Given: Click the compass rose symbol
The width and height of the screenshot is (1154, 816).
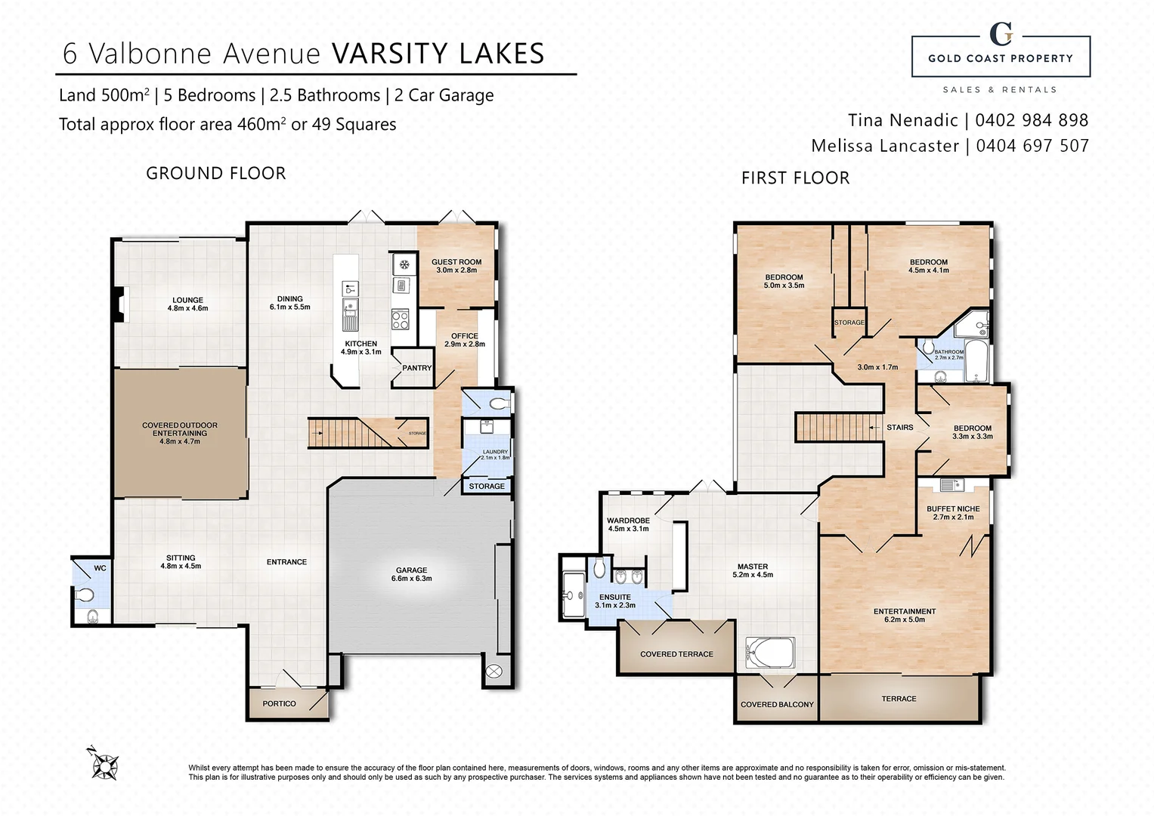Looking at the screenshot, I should click(x=104, y=765).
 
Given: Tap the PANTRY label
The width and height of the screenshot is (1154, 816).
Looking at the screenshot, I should click(x=416, y=368).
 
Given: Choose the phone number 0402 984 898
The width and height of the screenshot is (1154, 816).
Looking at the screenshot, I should click(x=1032, y=120).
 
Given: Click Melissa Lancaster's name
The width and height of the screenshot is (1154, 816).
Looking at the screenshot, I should click(x=884, y=146).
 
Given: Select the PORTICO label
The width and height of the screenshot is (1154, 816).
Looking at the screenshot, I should click(x=279, y=703).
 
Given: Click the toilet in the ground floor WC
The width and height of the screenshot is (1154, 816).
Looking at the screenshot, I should click(x=85, y=593).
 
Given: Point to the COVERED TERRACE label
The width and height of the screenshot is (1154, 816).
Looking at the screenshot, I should click(x=676, y=654).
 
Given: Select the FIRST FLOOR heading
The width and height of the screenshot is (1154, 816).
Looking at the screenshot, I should click(x=795, y=178).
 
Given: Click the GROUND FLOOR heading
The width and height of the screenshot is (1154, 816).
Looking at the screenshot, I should click(x=216, y=174).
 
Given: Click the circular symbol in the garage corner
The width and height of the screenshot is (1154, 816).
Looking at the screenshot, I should click(x=493, y=670).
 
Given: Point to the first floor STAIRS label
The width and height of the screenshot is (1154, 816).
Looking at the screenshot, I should click(x=899, y=428).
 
